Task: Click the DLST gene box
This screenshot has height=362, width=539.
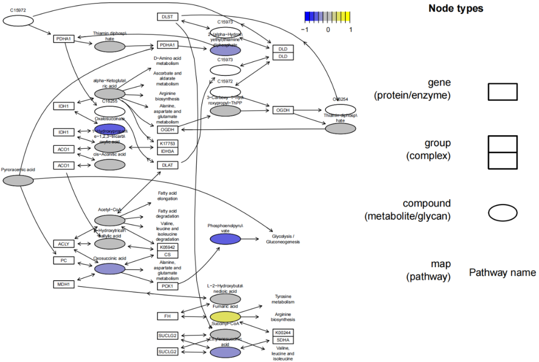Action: coord(167,16)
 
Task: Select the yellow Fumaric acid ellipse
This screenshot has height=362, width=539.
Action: coord(225,317)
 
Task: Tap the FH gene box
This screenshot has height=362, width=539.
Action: coord(167,316)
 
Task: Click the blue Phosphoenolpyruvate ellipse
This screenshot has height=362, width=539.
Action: coord(225,239)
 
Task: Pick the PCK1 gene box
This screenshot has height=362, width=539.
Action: coord(167,286)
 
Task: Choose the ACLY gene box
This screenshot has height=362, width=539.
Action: coord(64,244)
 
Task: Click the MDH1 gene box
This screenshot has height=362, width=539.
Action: coord(64,284)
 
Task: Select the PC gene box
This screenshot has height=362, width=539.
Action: coord(64,260)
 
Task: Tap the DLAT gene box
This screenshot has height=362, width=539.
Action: coord(167,165)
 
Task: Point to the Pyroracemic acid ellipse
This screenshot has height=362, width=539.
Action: coord(18,180)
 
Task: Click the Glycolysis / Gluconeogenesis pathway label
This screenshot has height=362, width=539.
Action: coord(286,239)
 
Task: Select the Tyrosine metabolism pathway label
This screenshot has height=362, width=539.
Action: coord(283,299)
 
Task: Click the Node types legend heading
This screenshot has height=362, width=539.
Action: coord(456,8)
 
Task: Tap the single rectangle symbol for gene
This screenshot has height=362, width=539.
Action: coord(502,92)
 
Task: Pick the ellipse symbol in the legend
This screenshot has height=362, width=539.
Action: coord(502,213)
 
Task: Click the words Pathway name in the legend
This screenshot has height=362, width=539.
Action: coord(502,273)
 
